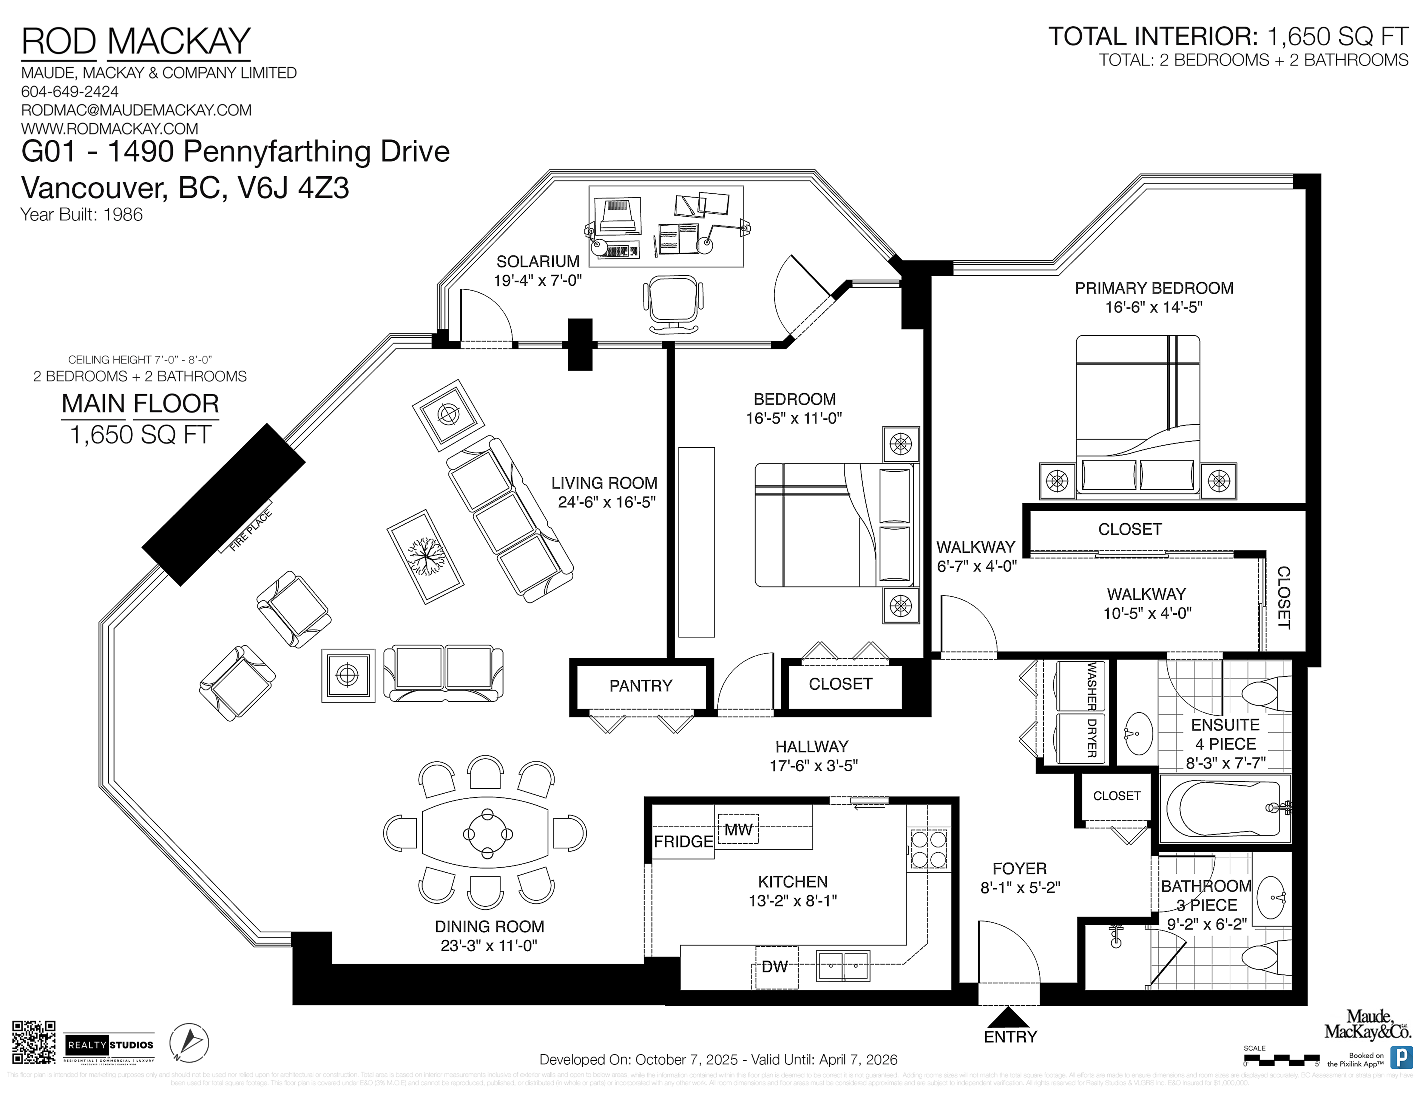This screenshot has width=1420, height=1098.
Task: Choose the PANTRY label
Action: point(641,685)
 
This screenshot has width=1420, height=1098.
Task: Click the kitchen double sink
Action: point(843,965)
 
